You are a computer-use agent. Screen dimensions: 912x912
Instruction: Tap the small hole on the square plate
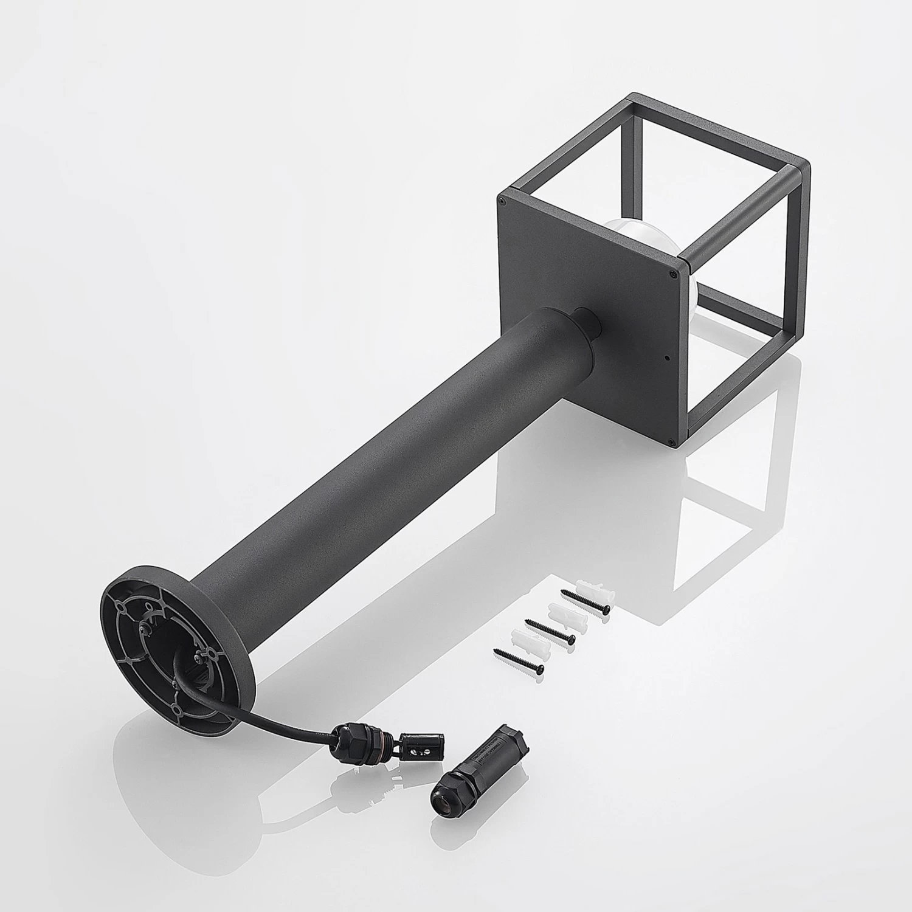tap(667, 358)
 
